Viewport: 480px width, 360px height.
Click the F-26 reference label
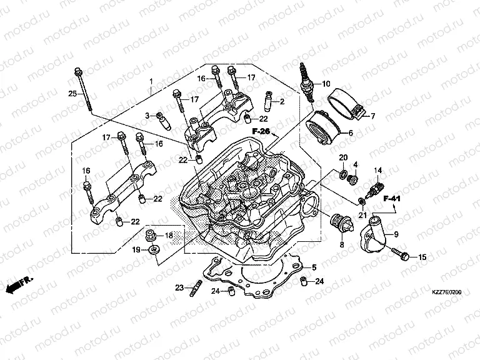pos(261,131)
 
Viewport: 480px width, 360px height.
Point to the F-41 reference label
pos(392,199)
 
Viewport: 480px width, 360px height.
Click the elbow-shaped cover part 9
pos(378,234)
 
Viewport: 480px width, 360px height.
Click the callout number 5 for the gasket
pos(314,267)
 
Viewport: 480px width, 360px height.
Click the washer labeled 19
pos(152,251)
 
